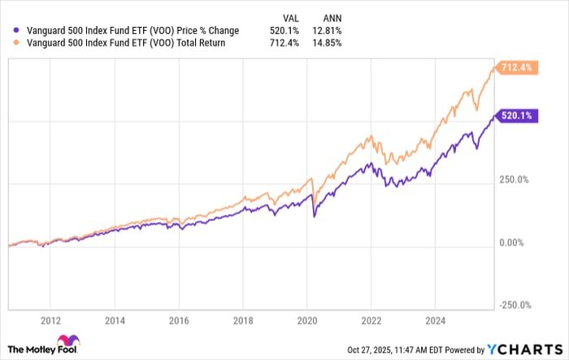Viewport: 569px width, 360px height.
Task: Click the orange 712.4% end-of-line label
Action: [515, 67]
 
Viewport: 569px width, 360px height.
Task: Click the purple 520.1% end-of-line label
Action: [515, 116]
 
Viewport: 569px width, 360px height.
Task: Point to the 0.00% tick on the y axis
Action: [512, 242]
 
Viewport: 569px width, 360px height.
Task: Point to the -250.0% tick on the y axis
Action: [515, 305]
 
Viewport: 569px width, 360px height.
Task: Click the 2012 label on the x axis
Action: [51, 320]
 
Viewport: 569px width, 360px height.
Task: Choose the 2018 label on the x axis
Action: [244, 320]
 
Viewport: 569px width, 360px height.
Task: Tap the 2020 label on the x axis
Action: [308, 320]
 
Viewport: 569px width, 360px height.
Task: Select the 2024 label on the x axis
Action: [436, 320]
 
